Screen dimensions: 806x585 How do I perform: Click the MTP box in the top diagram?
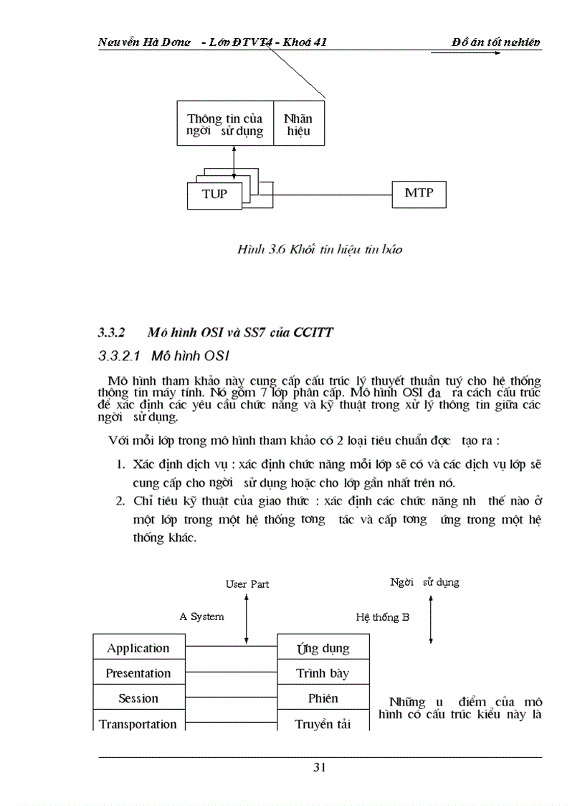coord(419,193)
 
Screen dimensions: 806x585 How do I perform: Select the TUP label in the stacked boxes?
coord(214,195)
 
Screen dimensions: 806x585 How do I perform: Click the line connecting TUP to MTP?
coord(332,195)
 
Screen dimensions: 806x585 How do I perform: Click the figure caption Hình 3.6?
coord(320,249)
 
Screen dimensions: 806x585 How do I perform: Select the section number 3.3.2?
coord(112,333)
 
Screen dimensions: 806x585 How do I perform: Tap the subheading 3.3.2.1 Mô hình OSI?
coord(163,355)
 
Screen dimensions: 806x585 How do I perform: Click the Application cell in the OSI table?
coord(138,648)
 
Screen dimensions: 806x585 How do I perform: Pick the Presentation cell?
coord(138,673)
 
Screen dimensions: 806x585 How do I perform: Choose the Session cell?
coord(138,698)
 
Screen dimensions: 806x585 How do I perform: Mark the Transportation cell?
coord(138,723)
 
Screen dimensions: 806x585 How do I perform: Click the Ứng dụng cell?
coord(323,648)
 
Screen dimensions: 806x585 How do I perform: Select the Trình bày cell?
coord(323,673)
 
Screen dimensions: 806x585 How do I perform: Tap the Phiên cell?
coord(323,698)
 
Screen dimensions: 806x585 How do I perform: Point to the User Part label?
coord(247,584)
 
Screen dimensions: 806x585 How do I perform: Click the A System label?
coord(201,616)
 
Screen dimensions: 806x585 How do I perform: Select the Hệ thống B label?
coord(383,617)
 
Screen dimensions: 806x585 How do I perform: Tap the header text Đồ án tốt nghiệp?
coord(496,42)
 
